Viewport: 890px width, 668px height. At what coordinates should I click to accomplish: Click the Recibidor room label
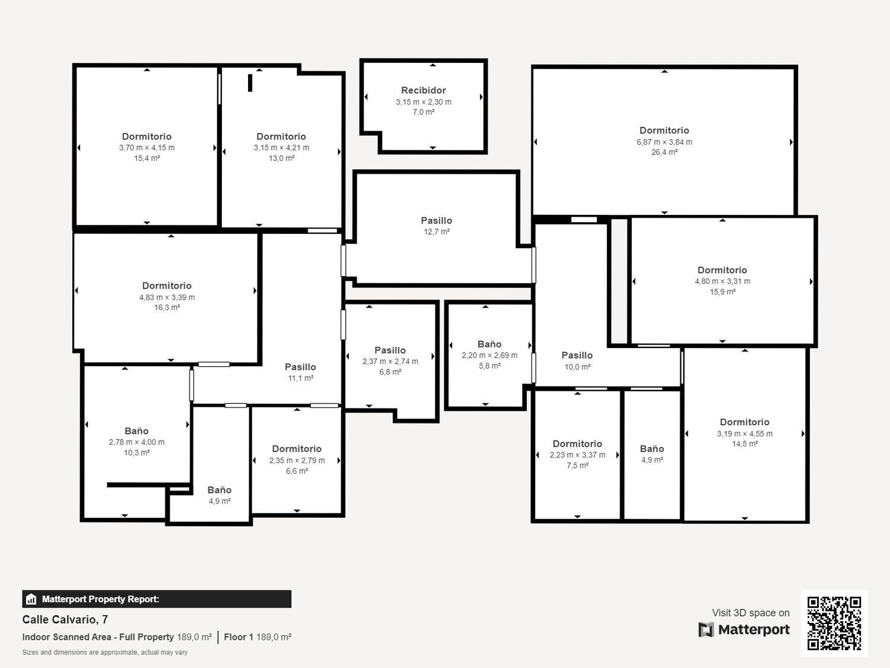point(423,90)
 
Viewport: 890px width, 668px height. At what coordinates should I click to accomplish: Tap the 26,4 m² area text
point(664,153)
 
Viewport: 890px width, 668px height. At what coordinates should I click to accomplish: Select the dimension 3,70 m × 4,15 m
point(147,148)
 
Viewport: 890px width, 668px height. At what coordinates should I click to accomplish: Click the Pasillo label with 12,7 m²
point(436,220)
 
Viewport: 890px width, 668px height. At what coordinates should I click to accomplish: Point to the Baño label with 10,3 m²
point(136,431)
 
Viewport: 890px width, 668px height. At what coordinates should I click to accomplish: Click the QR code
point(834,623)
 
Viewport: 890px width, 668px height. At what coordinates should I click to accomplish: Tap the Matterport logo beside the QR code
point(744,629)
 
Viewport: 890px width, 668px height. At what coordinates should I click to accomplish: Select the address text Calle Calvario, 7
point(65,619)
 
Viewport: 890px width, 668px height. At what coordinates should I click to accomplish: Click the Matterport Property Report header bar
point(157,599)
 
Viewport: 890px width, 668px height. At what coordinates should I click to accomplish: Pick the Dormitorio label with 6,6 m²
point(297,449)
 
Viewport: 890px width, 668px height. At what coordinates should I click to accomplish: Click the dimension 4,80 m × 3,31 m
point(722,281)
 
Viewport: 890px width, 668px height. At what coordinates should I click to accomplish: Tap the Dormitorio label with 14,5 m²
point(744,422)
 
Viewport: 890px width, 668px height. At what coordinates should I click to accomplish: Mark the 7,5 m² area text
point(577,466)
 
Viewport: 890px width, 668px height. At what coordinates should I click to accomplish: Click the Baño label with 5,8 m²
point(490,344)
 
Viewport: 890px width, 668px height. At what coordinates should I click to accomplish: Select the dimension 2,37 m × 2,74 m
point(390,362)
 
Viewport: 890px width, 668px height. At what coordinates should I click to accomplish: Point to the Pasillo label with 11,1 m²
point(300,367)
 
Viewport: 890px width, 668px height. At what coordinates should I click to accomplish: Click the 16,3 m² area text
point(167,308)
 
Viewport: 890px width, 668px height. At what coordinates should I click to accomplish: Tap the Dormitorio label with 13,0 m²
point(281,137)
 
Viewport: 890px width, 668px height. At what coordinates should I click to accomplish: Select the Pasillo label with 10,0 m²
point(577,355)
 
